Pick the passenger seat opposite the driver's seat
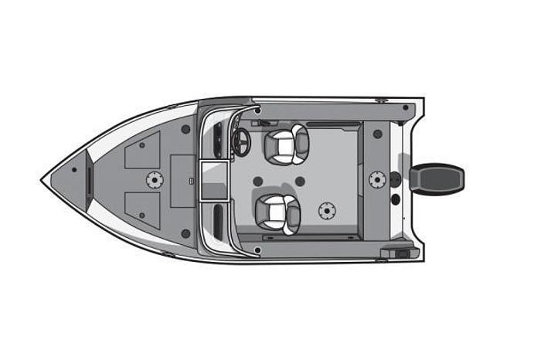pos(277,212)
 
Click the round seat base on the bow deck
pos(155,180)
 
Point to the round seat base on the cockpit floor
pos(327,209)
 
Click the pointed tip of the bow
pos(42,180)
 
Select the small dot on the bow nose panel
pos(73,170)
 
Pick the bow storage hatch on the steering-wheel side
pos(144,151)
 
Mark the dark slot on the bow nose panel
pos(89,180)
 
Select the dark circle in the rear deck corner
pos(377,134)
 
